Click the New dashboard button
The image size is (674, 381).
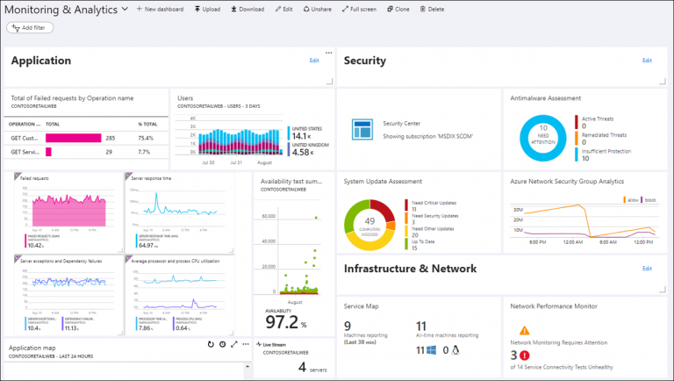[160, 9]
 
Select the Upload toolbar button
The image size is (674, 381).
[206, 9]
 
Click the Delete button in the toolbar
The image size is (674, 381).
[432, 9]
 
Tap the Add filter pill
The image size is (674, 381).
[30, 27]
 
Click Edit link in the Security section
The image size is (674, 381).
[647, 61]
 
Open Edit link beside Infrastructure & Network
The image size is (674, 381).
[647, 268]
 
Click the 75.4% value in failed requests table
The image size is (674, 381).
[147, 138]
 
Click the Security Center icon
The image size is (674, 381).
[362, 129]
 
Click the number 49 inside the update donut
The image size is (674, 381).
[370, 220]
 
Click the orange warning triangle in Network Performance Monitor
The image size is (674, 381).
[524, 331]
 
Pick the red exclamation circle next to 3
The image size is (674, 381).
[524, 355]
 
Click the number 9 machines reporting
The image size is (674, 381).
[348, 327]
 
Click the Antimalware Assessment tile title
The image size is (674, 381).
[545, 98]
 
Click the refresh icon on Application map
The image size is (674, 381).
[211, 345]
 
